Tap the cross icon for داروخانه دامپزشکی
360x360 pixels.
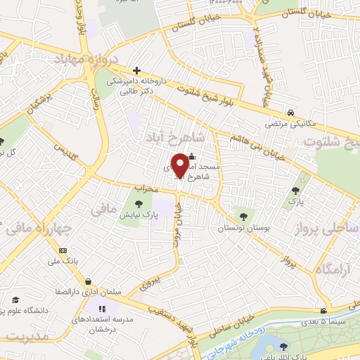[x=136, y=70]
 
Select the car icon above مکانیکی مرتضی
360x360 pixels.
[x=290, y=112]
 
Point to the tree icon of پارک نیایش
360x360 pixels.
[x=136, y=205]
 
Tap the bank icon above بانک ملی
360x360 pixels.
[x=63, y=250]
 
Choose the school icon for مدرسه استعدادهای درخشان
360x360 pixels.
[x=102, y=308]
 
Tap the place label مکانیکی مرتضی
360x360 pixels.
[x=290, y=124]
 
